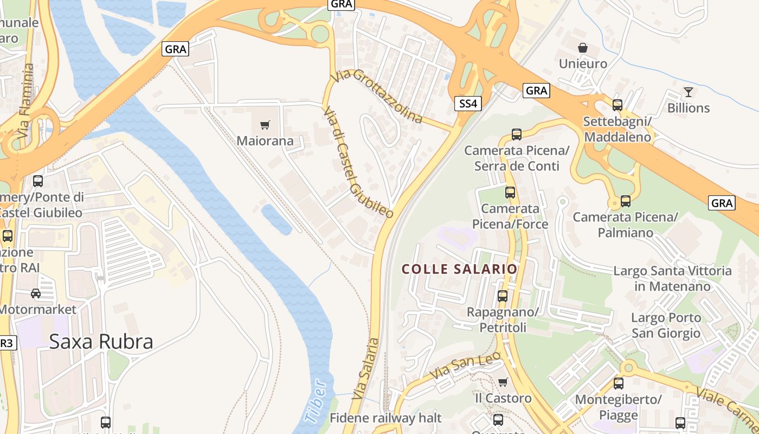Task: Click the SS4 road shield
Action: click(x=467, y=104)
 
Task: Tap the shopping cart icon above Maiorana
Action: click(x=265, y=125)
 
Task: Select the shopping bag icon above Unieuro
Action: click(x=583, y=48)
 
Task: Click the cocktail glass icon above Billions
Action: click(x=689, y=92)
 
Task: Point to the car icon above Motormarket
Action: click(x=36, y=293)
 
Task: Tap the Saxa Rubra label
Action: click(x=101, y=341)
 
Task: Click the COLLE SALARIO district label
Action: click(x=459, y=269)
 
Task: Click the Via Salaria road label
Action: click(x=365, y=369)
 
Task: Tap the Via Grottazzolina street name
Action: click(x=377, y=96)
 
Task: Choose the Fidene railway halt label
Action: click(x=385, y=418)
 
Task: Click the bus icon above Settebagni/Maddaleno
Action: click(x=617, y=105)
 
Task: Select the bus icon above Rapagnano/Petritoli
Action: click(x=503, y=296)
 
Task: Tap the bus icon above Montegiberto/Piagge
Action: click(x=619, y=384)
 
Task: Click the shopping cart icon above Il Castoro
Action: click(x=503, y=382)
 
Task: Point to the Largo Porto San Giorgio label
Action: click(x=666, y=325)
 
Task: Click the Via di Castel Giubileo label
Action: click(x=358, y=162)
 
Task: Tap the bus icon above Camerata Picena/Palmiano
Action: click(x=626, y=201)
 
